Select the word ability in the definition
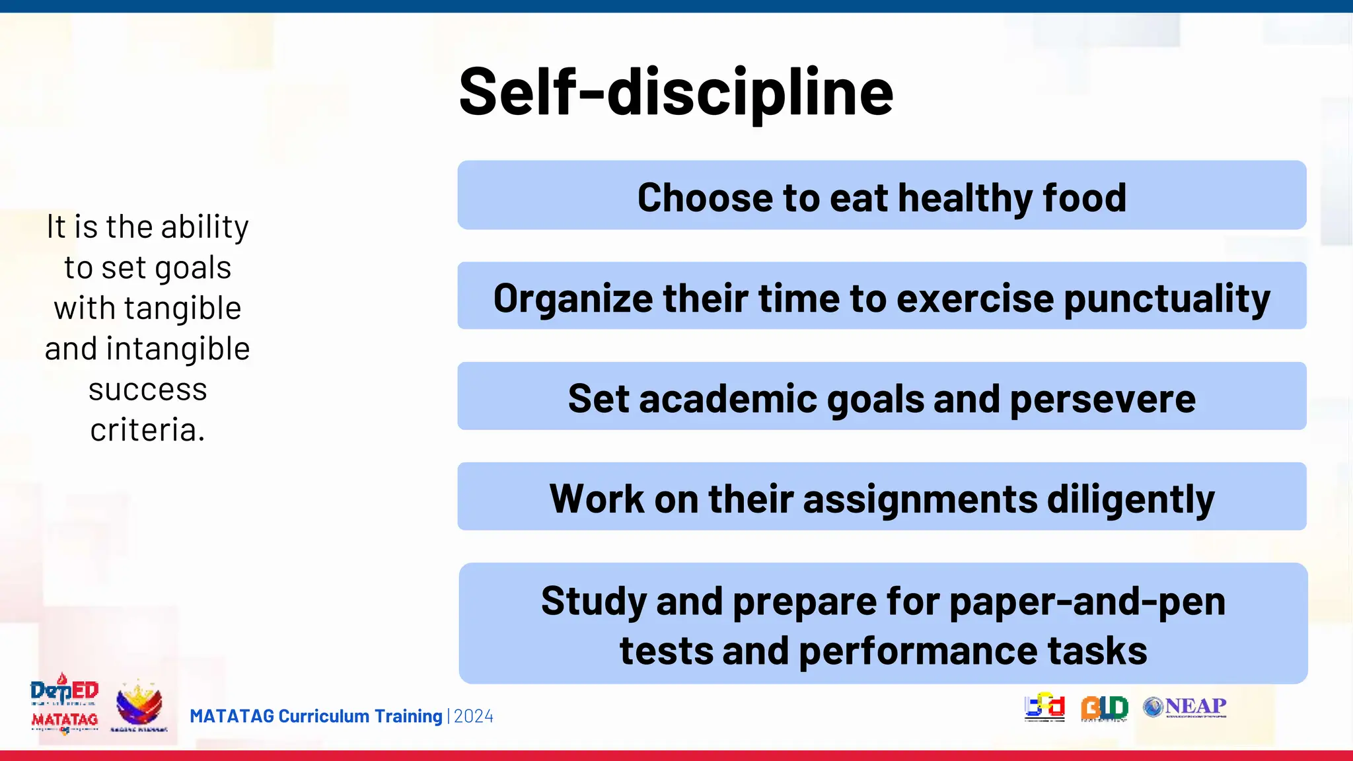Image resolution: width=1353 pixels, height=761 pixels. point(205,227)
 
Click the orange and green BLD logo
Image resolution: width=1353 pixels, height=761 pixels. point(1104,708)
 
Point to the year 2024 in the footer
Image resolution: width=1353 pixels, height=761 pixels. point(474,716)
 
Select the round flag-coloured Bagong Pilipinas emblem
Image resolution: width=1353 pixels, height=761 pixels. point(139,705)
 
